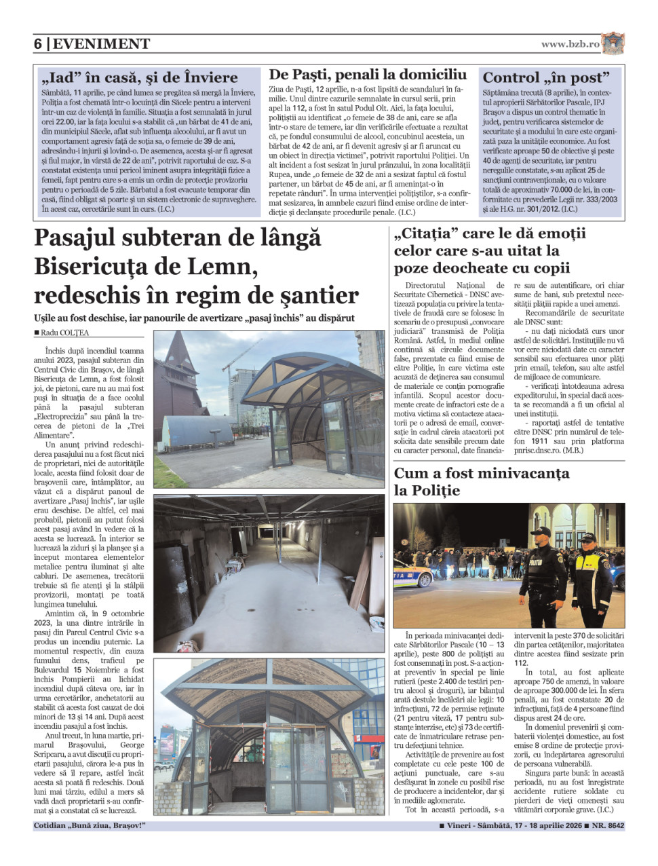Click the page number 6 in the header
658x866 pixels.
click(38, 44)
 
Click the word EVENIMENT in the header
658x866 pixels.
click(101, 44)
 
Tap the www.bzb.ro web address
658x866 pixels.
click(570, 44)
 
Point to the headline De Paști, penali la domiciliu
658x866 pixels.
click(368, 75)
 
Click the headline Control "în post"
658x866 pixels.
click(546, 77)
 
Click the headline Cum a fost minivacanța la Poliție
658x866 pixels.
click(481, 481)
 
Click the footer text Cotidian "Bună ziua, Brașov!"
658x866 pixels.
click(90, 826)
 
